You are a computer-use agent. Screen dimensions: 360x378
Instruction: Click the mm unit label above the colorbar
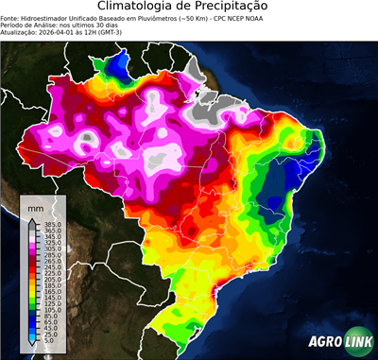click(x=35, y=206)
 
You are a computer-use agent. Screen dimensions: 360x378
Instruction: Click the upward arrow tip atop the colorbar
click(x=31, y=218)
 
